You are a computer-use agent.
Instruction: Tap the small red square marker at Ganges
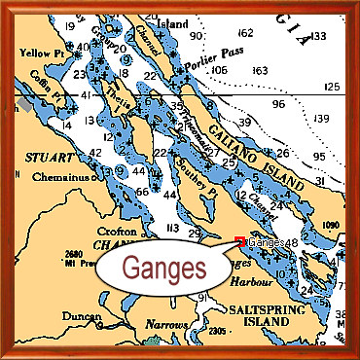[240, 241]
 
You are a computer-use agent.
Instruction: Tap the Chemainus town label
[66, 176]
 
